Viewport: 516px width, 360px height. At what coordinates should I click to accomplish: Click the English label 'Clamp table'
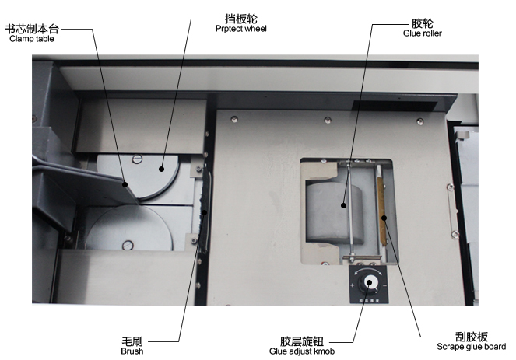32,39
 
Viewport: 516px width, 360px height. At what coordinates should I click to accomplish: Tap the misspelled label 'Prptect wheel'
241,29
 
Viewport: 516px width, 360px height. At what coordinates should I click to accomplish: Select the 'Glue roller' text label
422,33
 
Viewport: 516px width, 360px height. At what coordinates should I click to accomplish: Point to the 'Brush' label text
132,351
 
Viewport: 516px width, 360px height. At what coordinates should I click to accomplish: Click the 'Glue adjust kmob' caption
302,351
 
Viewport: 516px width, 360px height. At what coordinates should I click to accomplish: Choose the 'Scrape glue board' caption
471,347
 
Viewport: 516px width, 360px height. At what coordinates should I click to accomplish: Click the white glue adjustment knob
369,283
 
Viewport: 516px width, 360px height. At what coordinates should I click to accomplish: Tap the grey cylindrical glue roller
334,214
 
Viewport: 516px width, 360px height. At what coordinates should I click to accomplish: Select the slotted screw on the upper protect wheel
137,159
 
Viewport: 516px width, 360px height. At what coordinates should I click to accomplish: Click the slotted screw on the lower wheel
128,245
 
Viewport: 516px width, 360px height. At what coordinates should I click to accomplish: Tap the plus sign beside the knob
352,285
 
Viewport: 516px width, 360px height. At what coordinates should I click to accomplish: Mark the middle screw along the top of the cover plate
328,120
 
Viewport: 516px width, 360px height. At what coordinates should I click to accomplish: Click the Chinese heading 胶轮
422,23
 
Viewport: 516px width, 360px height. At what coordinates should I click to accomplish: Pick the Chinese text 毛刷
132,341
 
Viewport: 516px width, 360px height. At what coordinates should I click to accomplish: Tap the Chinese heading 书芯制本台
32,29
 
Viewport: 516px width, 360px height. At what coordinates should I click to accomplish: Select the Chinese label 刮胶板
471,337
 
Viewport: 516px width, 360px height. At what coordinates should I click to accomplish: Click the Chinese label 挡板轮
241,19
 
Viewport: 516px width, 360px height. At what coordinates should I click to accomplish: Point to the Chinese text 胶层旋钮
302,341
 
